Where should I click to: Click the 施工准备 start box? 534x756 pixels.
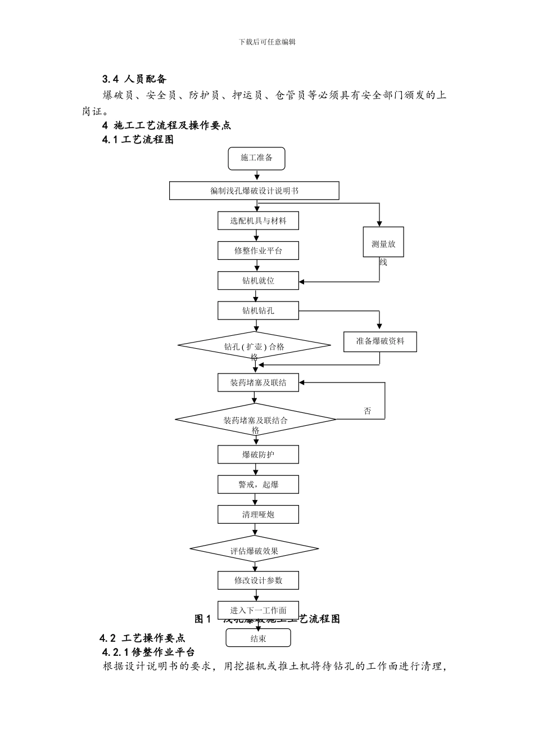pyautogui.click(x=256, y=158)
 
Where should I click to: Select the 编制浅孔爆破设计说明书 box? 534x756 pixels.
pyautogui.click(x=254, y=191)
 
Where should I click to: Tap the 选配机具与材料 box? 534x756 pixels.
pyautogui.click(x=258, y=221)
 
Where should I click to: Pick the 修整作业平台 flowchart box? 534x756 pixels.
pyautogui.click(x=258, y=251)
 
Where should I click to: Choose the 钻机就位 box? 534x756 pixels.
pyautogui.click(x=258, y=281)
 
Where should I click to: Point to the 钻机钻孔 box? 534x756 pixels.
pyautogui.click(x=258, y=310)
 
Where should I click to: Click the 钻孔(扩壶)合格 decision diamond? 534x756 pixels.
pyautogui.click(x=254, y=346)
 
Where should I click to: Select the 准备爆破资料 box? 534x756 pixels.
pyautogui.click(x=380, y=341)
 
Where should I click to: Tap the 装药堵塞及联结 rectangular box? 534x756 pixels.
pyautogui.click(x=258, y=383)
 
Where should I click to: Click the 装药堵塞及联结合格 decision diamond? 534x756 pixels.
pyautogui.click(x=255, y=420)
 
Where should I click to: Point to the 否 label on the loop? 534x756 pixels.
pyautogui.click(x=368, y=411)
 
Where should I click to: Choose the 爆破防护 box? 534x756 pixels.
pyautogui.click(x=258, y=454)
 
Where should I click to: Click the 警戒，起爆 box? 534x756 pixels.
pyautogui.click(x=258, y=484)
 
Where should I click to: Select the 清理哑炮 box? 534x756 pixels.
pyautogui.click(x=258, y=515)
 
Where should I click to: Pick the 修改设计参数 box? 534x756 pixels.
pyautogui.click(x=258, y=580)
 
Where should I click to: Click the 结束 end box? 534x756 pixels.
pyautogui.click(x=258, y=638)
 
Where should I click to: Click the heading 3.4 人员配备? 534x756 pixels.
pyautogui.click(x=134, y=79)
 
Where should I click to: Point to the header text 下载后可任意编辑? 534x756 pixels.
pyautogui.click(x=267, y=42)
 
